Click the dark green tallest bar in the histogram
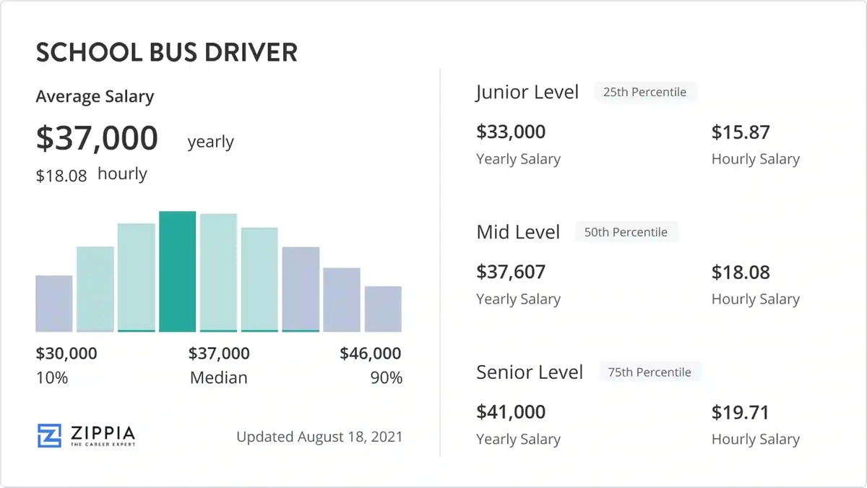tap(178, 272)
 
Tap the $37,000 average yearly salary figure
tap(97, 138)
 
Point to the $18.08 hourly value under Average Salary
tap(61, 175)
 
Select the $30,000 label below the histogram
tap(66, 354)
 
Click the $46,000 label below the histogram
tap(371, 354)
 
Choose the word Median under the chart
tap(218, 377)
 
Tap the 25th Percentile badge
tap(644, 93)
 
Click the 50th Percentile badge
tap(626, 233)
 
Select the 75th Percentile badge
tap(650, 372)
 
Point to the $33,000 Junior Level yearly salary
tap(511, 132)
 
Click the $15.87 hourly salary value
tap(741, 132)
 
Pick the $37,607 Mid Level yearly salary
tap(511, 273)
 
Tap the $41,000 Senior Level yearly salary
tap(511, 412)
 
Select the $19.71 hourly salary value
tap(741, 413)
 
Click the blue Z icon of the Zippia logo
tap(50, 435)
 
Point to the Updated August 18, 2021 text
tap(319, 437)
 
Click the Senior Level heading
tap(530, 372)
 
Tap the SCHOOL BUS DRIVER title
tap(166, 53)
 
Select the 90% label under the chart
tap(387, 377)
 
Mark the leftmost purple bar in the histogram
tap(54, 304)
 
